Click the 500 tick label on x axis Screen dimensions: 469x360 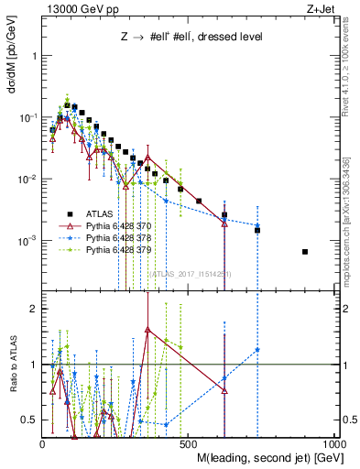tap(189, 442)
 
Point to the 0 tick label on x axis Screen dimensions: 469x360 tap(43, 442)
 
